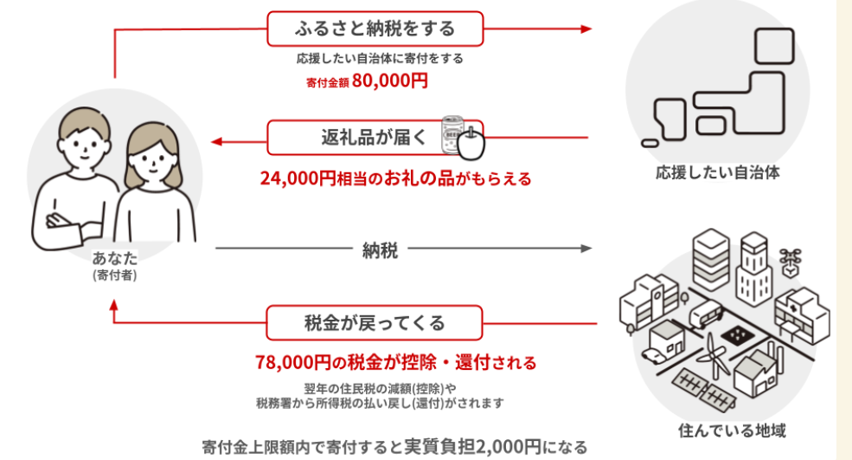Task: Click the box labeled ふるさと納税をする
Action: click(x=374, y=29)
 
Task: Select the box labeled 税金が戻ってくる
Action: click(x=375, y=323)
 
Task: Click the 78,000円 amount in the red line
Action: click(x=291, y=361)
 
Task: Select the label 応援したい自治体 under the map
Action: click(x=718, y=173)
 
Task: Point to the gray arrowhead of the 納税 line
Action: click(x=587, y=249)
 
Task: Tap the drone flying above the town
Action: click(x=789, y=257)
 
